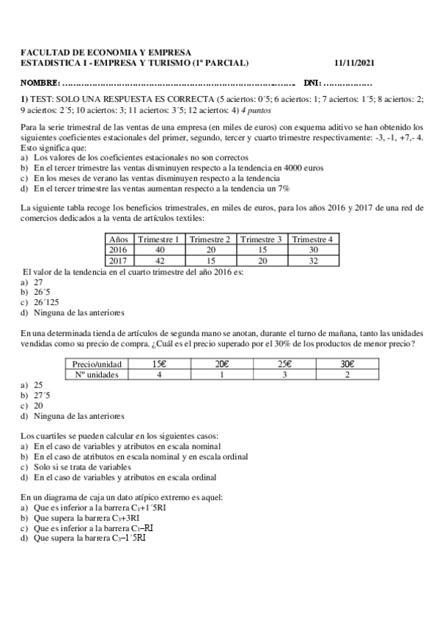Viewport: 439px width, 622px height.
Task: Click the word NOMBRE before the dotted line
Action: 42,82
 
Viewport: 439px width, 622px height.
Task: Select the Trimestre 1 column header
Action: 158,239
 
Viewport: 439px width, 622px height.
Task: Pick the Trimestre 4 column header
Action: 313,239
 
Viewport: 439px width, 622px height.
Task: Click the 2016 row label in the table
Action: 118,249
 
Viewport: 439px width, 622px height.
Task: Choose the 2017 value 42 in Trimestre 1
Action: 158,260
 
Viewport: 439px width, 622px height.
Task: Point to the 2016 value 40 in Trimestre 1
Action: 158,249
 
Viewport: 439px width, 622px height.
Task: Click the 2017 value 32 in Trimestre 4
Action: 313,260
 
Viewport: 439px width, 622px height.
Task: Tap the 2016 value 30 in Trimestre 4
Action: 313,249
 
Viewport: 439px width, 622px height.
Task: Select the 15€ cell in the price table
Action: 158,364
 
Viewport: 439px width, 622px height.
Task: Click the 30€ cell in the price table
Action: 347,364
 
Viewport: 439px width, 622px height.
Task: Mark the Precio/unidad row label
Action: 96,364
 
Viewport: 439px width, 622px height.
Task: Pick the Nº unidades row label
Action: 96,374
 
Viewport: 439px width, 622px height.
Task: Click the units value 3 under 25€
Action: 284,374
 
